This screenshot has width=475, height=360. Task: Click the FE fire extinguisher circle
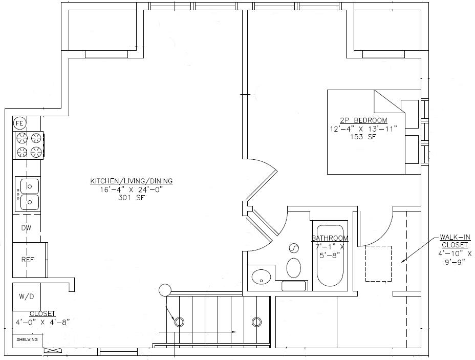coord(19,123)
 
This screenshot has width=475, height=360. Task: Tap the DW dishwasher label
coord(26,228)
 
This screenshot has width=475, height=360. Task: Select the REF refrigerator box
coord(29,260)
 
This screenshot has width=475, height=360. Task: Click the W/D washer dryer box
coord(27,297)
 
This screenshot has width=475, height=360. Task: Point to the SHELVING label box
coord(27,340)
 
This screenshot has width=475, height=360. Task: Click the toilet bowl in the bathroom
coord(293,268)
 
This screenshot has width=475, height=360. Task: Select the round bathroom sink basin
coord(261,277)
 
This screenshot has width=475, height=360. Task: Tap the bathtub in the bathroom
coord(330,255)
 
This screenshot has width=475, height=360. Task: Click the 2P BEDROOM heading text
coord(363,120)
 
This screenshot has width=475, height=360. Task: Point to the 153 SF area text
coord(363,137)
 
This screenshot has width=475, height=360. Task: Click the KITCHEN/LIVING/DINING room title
coord(132,181)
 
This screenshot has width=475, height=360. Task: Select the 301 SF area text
coord(132,198)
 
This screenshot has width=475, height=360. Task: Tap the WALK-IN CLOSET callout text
coord(455,241)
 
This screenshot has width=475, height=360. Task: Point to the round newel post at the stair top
coord(165,290)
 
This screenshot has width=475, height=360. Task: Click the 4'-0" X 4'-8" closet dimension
coord(42,322)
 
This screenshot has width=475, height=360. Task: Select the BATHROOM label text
coord(330,238)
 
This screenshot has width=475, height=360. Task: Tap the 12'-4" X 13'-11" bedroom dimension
coord(363,129)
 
